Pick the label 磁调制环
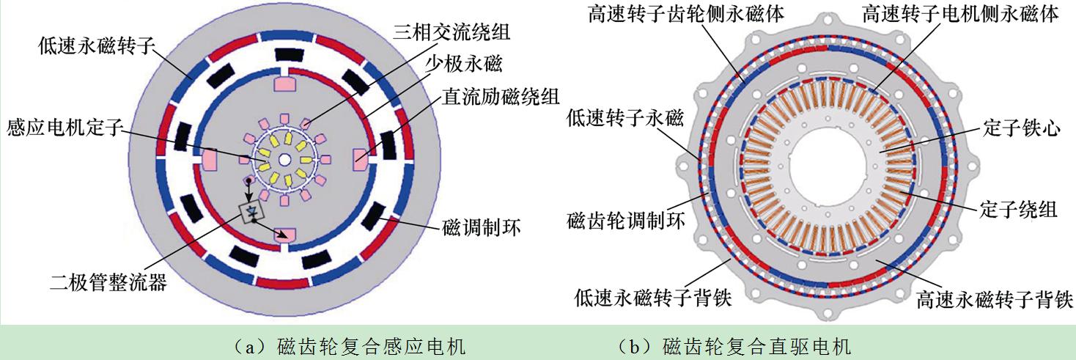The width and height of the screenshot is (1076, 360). click(x=481, y=227)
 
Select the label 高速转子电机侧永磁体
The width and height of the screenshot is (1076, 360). click(x=960, y=14)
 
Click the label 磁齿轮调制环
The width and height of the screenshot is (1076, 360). click(x=625, y=219)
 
